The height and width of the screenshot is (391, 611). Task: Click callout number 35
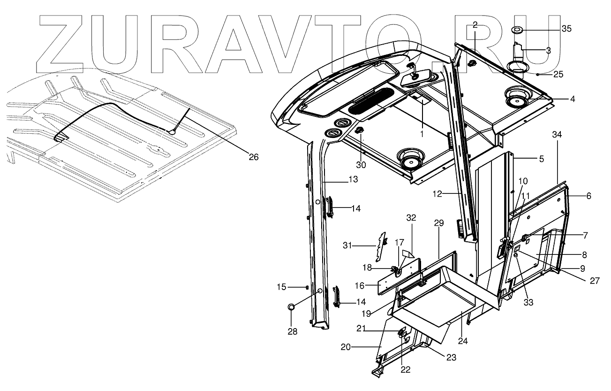tap(566, 29)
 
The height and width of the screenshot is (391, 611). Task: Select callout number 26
tap(253, 157)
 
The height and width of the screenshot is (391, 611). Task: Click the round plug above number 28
tap(291, 307)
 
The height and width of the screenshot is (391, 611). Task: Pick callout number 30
tap(361, 165)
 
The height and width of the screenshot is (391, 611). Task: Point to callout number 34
tap(557, 135)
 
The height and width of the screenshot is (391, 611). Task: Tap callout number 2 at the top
tap(475, 25)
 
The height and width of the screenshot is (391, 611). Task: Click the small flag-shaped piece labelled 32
tap(408, 254)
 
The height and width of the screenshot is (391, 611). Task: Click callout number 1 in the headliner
tap(421, 134)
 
